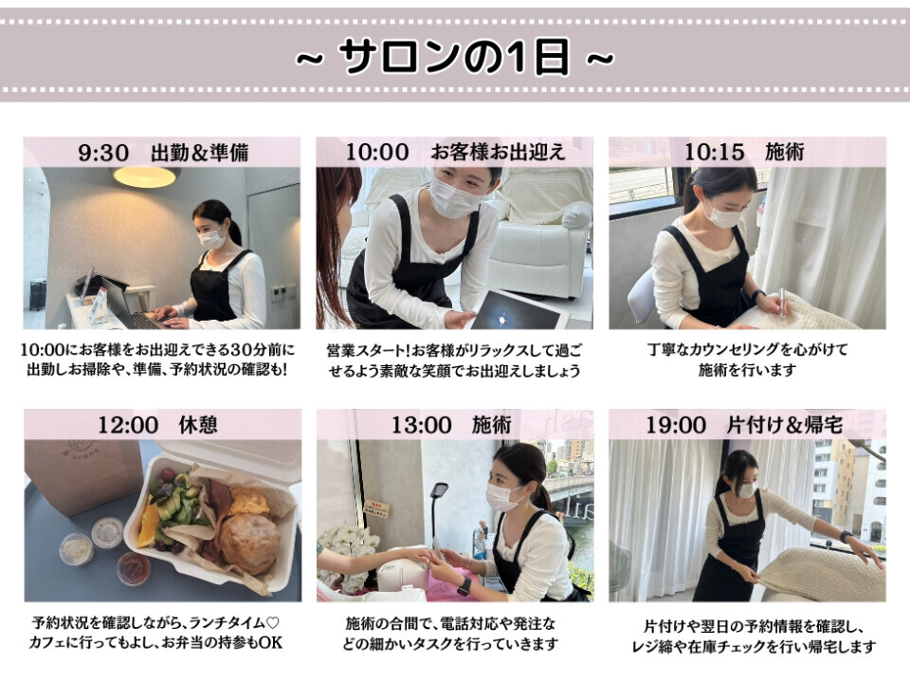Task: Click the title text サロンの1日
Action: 454,57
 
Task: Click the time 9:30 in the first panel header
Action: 103,153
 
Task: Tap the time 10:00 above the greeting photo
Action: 377,152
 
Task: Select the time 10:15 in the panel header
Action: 715,152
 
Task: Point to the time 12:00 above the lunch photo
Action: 128,425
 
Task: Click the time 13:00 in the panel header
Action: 421,425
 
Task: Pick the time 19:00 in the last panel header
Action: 676,425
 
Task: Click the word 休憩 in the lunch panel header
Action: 198,425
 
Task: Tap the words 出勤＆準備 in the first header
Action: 200,153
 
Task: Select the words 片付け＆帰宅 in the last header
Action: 785,425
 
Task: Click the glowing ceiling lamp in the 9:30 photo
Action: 144,177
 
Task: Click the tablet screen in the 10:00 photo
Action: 512,311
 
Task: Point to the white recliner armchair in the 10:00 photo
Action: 539,249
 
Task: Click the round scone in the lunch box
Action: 249,543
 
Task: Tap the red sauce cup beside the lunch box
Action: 134,568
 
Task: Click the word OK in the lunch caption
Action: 270,642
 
